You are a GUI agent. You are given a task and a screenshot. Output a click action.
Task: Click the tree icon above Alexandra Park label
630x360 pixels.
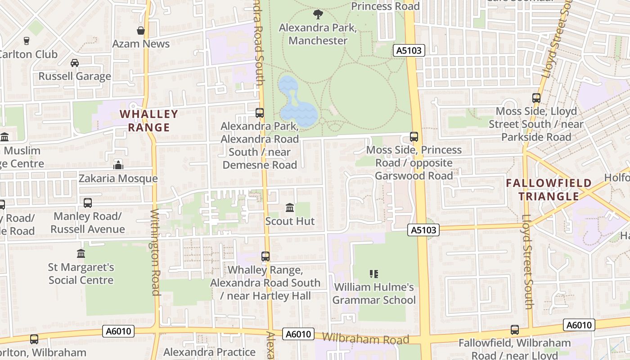coord(318,14)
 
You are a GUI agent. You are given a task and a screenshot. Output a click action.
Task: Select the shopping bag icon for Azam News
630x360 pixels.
coord(141,31)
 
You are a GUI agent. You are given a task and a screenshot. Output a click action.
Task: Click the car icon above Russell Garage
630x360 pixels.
coord(75,63)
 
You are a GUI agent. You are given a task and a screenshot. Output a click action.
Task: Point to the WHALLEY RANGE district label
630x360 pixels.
coord(149,121)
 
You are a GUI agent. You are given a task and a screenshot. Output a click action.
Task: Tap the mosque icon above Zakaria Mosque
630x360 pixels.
coord(118,165)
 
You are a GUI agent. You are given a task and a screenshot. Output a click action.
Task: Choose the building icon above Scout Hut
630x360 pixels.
coord(290,208)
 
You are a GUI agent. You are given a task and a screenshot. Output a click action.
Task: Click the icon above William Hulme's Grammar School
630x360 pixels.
coord(373,274)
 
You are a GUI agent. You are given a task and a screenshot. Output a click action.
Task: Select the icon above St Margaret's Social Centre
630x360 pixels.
coord(81,254)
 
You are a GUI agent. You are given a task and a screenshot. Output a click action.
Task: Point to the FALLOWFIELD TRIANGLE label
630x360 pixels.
coord(549,189)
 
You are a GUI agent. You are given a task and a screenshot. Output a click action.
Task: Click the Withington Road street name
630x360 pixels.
coord(155,252)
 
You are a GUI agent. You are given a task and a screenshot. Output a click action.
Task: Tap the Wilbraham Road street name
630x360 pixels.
coord(365,338)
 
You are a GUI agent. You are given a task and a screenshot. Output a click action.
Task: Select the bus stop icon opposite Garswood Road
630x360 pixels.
coord(414,136)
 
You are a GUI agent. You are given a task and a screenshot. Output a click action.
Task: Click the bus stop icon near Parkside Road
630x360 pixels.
coord(536,98)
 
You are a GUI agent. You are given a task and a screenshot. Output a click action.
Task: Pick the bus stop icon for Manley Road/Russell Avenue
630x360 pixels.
coord(88,203)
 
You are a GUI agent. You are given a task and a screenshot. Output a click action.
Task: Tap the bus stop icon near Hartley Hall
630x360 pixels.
coord(265,256)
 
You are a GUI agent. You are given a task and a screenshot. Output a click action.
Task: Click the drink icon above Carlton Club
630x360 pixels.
coord(27,40)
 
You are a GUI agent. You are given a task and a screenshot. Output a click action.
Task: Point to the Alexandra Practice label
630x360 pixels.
coord(209,352)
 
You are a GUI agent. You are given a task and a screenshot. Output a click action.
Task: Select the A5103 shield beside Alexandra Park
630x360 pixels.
coord(409,50)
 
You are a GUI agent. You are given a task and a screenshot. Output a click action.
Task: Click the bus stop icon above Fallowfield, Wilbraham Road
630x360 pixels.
coord(515,330)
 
